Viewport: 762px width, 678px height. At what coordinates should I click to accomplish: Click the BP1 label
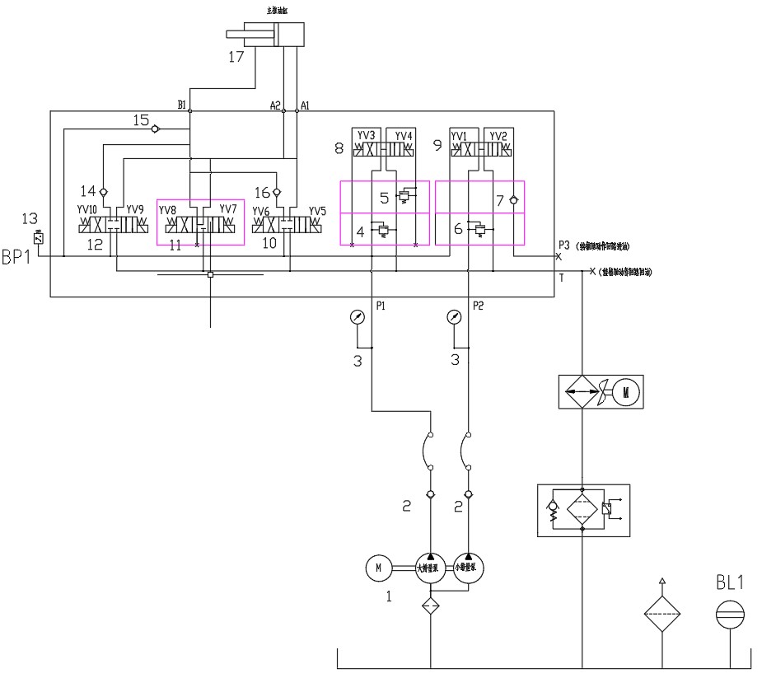[x=17, y=258]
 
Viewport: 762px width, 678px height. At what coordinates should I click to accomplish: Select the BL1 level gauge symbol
[x=730, y=614]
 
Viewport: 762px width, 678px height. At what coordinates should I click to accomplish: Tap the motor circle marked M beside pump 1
[x=378, y=567]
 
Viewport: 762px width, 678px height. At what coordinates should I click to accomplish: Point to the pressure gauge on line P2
[x=453, y=317]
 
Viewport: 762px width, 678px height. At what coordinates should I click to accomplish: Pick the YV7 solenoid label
[x=227, y=210]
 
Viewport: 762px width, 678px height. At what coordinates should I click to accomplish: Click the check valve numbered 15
[x=156, y=129]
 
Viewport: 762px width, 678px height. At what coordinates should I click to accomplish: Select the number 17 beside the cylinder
[x=237, y=58]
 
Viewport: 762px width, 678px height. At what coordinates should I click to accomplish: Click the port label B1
[x=182, y=105]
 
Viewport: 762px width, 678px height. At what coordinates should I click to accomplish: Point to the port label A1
[x=306, y=105]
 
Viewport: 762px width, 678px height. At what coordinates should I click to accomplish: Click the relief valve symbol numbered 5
[x=404, y=197]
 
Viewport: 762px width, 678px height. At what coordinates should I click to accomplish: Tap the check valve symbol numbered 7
[x=514, y=199]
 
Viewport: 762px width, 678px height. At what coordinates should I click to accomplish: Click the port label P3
[x=563, y=245]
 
